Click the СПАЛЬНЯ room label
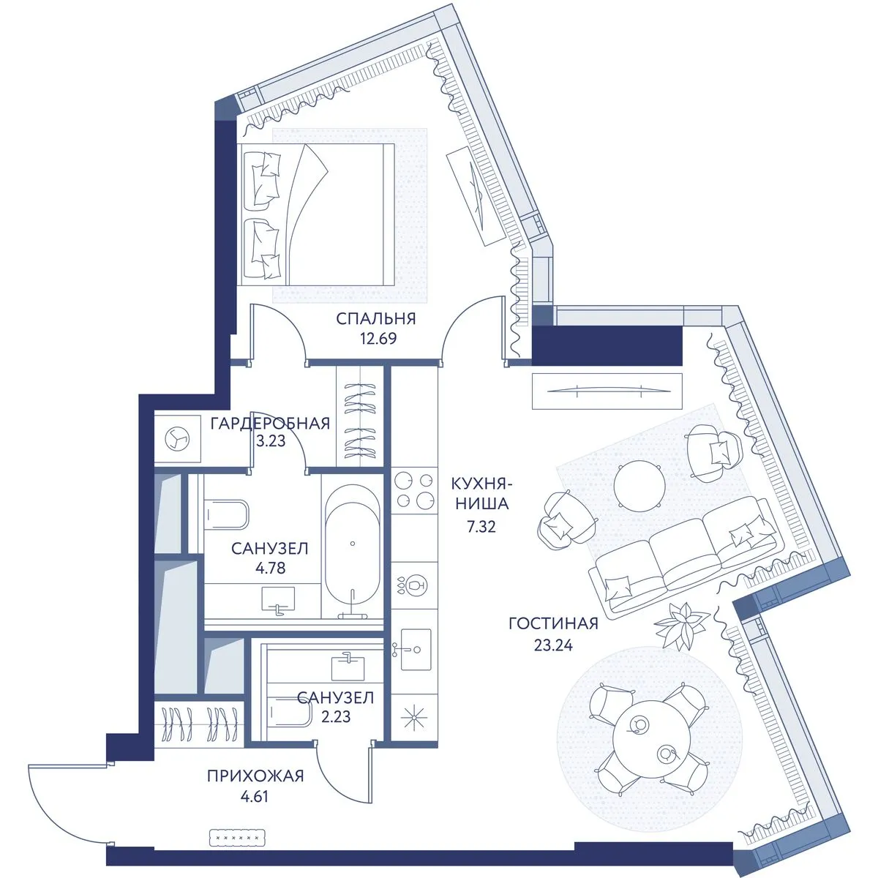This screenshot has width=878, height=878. click(x=376, y=318)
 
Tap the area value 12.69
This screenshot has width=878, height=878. click(x=378, y=339)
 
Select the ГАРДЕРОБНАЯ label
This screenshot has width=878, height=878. click(x=270, y=424)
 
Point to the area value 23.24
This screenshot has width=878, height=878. click(x=553, y=645)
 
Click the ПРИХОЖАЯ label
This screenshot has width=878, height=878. click(x=255, y=776)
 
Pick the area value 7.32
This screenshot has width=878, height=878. click(x=481, y=527)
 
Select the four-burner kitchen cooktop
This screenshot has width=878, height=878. click(x=413, y=491)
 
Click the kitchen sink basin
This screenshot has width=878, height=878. click(x=416, y=650)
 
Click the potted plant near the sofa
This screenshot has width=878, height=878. click(x=680, y=624)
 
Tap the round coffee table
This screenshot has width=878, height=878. click(x=639, y=486)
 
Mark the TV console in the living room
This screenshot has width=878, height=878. click(x=607, y=391)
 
